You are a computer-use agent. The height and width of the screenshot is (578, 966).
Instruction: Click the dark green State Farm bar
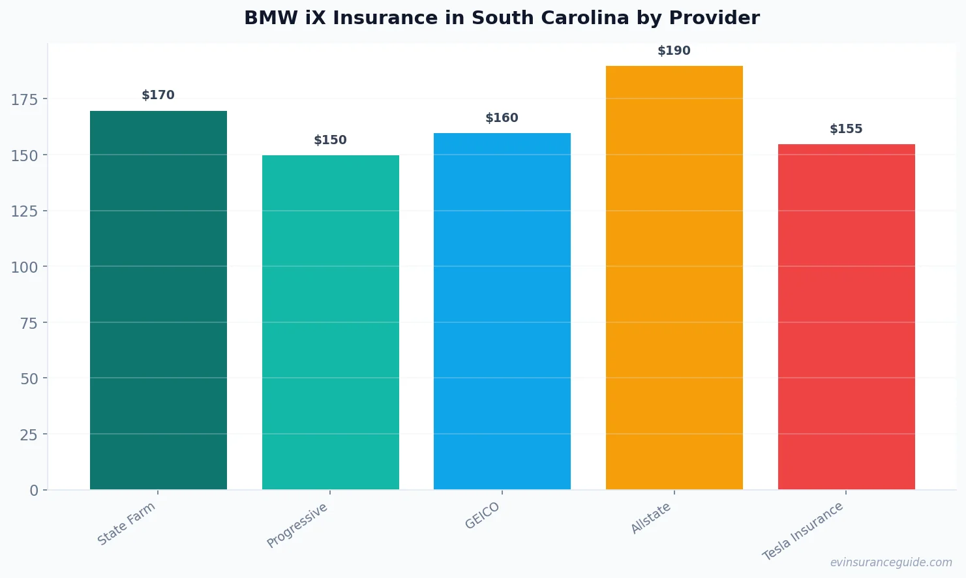tap(158, 300)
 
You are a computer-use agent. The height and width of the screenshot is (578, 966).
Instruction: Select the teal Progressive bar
tap(330, 322)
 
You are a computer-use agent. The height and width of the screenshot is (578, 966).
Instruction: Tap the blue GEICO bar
tap(502, 311)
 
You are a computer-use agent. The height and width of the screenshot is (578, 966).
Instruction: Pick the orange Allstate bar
tap(674, 277)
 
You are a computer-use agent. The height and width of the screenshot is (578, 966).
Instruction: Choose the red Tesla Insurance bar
tap(846, 316)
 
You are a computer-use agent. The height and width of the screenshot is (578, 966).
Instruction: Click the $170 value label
tap(158, 95)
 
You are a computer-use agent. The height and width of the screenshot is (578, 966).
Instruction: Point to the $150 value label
tap(330, 140)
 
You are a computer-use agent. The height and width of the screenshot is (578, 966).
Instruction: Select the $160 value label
tap(502, 118)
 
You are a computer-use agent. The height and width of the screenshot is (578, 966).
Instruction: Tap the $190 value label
tap(674, 51)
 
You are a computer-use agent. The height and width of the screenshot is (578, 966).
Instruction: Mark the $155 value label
tap(846, 129)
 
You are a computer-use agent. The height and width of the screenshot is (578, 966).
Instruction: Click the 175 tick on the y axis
tap(25, 99)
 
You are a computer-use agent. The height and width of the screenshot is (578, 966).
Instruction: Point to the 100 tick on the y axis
tap(25, 267)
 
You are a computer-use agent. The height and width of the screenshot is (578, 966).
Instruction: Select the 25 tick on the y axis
tap(29, 434)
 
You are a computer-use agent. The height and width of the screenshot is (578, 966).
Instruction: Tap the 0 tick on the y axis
tap(34, 491)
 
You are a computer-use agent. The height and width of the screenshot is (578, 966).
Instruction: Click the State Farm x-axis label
tap(127, 523)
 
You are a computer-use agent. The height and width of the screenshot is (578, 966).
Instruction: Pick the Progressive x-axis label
tap(297, 525)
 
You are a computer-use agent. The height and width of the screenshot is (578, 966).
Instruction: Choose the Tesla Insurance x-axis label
tap(803, 531)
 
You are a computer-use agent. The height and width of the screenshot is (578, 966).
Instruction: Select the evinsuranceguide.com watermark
tap(891, 562)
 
